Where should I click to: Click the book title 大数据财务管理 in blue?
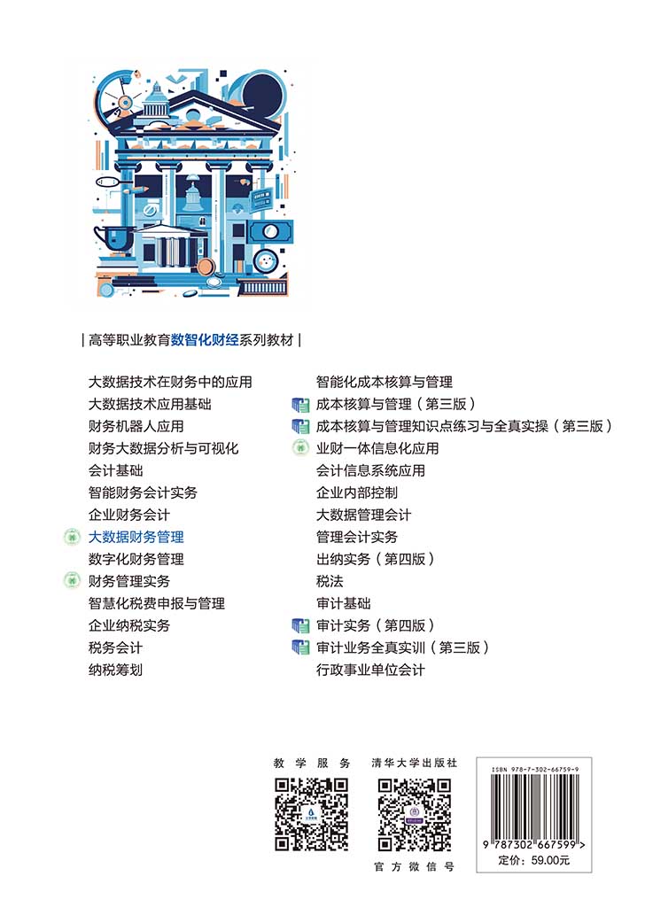(x=136, y=538)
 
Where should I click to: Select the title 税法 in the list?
(x=330, y=581)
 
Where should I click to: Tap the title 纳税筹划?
(x=115, y=670)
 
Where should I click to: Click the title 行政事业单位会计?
(x=370, y=670)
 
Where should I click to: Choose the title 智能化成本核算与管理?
(x=385, y=383)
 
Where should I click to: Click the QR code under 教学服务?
(x=311, y=815)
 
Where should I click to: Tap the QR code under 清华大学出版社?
(x=414, y=815)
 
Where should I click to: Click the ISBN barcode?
(x=534, y=806)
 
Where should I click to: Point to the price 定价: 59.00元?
(x=534, y=860)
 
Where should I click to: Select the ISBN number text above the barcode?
(x=535, y=770)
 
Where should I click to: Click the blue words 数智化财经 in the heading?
(x=205, y=340)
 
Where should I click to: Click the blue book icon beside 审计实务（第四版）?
(x=300, y=626)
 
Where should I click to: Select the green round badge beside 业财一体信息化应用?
(x=300, y=448)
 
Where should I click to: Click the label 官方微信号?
(x=414, y=866)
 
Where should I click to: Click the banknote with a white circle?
(x=270, y=232)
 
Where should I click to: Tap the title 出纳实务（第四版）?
(x=375, y=560)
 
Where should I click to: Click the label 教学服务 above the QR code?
(x=312, y=763)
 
